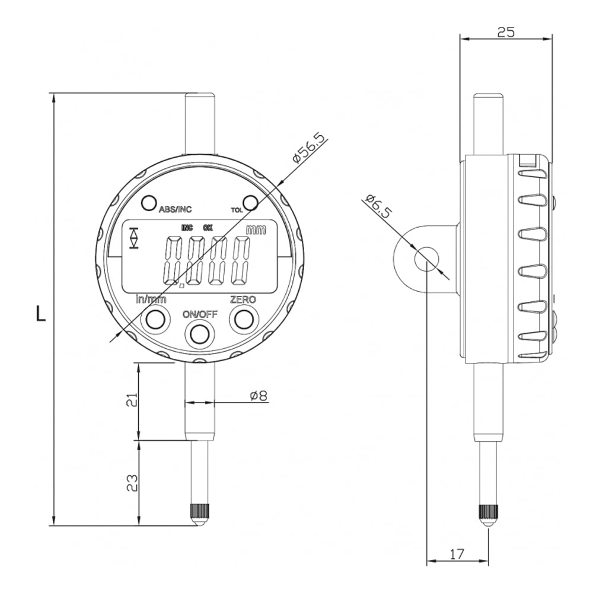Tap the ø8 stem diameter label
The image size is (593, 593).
point(259,396)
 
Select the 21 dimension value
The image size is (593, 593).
point(131,400)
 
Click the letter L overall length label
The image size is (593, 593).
point(40,314)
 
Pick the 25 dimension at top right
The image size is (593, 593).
point(506,32)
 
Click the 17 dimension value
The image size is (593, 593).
point(457,554)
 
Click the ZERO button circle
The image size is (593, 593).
point(244,320)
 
